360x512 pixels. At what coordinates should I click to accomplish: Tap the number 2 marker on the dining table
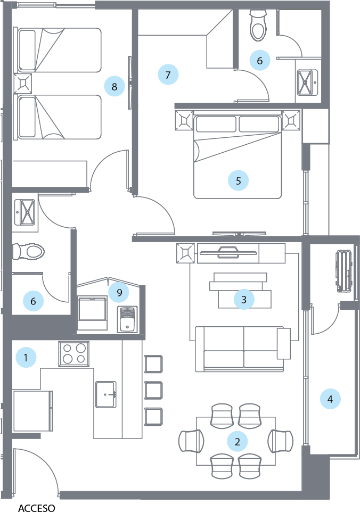238,441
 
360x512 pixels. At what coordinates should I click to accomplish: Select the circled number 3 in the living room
244,300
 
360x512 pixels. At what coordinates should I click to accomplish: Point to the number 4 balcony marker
330,399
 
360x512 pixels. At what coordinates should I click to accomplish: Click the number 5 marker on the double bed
238,181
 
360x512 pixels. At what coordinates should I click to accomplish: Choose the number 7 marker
168,75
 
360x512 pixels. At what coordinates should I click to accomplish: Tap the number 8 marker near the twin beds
114,85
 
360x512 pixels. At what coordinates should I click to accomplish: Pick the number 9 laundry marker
119,292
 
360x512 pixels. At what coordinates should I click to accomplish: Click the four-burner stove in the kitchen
73,353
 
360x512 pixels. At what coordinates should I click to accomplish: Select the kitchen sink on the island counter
106,394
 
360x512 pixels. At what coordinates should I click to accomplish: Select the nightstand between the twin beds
24,84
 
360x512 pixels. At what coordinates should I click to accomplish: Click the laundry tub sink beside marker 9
127,319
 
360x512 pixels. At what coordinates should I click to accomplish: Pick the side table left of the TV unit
186,253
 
